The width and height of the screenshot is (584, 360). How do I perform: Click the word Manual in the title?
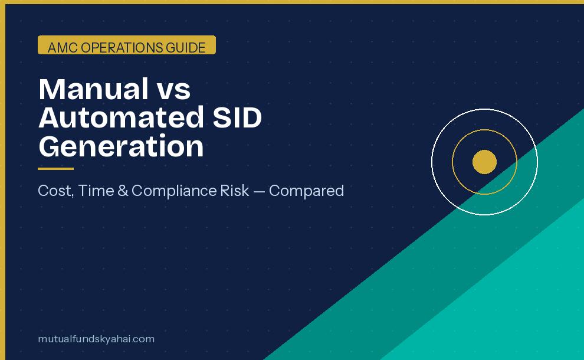[93, 89]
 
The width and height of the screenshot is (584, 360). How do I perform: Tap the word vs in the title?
[174, 89]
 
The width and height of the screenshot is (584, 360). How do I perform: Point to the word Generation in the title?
[121, 146]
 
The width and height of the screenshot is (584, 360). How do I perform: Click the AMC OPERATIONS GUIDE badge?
[127, 45]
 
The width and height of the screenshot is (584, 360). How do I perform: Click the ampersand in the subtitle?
[123, 191]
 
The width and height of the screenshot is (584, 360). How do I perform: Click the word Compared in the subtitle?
[307, 191]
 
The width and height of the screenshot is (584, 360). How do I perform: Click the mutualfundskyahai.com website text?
[96, 339]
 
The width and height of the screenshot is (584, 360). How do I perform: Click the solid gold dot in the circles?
[484, 162]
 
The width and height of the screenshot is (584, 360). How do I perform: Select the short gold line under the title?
[55, 169]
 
